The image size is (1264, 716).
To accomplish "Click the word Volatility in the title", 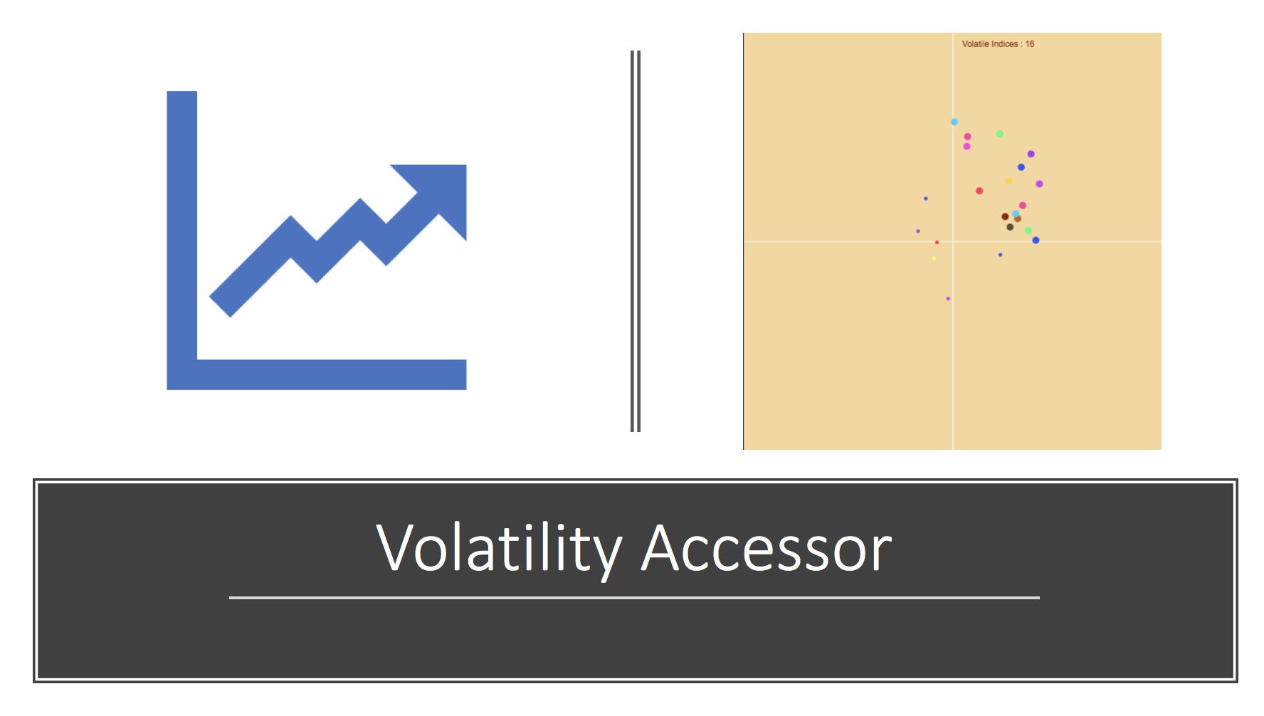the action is pyautogui.click(x=499, y=549).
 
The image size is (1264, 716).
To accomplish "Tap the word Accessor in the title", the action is pyautogui.click(x=767, y=549).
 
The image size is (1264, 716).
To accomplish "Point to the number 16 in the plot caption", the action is pyautogui.click(x=1030, y=44).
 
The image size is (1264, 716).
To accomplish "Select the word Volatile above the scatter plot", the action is pyautogui.click(x=975, y=44).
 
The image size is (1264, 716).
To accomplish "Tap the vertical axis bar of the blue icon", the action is pyautogui.click(x=181, y=240).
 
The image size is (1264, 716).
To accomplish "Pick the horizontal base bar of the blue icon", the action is pyautogui.click(x=317, y=374).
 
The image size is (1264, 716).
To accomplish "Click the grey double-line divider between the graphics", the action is pyautogui.click(x=636, y=241).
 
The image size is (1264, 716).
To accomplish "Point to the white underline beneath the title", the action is pyautogui.click(x=634, y=598).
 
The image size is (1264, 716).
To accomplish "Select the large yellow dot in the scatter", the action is pyautogui.click(x=1008, y=181).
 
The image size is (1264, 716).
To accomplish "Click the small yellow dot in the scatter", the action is pyautogui.click(x=934, y=258).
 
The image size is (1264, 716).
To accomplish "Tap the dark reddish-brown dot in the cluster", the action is pyautogui.click(x=1005, y=216).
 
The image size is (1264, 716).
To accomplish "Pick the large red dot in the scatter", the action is pyautogui.click(x=979, y=191).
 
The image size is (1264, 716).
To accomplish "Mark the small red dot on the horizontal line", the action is pyautogui.click(x=937, y=243).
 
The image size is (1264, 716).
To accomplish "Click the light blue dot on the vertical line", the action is pyautogui.click(x=954, y=122).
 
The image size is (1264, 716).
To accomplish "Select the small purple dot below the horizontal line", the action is pyautogui.click(x=948, y=299).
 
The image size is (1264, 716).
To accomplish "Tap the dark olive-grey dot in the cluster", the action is pyautogui.click(x=1010, y=227).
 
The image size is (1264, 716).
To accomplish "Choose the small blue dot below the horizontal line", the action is pyautogui.click(x=1000, y=255).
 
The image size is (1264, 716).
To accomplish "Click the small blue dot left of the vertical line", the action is pyautogui.click(x=925, y=199).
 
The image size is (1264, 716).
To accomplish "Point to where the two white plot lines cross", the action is pyautogui.click(x=953, y=242).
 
